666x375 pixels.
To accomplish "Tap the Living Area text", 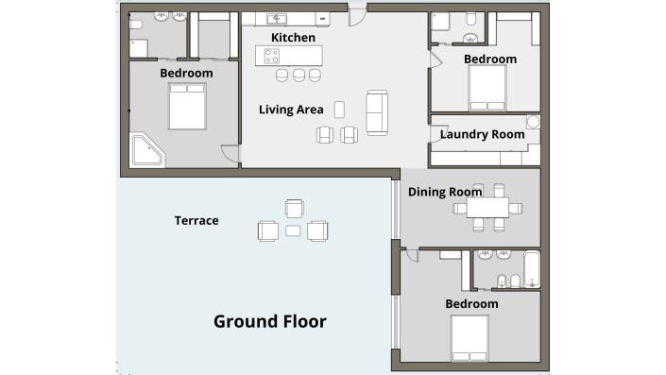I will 291,110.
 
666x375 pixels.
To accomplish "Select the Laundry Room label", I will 482,134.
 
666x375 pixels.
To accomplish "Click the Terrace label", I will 196,221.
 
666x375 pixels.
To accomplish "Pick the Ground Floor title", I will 270,321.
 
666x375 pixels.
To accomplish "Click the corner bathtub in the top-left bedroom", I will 146,150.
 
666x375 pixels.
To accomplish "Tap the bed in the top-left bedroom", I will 186,106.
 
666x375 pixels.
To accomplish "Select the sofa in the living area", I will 376,112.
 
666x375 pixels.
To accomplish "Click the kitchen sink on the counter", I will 280,18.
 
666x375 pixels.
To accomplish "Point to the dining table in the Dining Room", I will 488,208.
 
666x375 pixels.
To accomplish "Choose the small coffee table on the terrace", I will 293,230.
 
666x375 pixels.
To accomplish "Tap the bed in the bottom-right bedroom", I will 470,337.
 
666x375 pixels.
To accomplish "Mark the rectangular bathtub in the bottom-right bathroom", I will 532,269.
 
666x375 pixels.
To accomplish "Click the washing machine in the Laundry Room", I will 533,122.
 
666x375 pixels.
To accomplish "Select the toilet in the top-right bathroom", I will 470,20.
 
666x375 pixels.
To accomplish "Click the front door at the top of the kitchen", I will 357,13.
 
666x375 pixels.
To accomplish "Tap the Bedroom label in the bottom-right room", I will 471,303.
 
